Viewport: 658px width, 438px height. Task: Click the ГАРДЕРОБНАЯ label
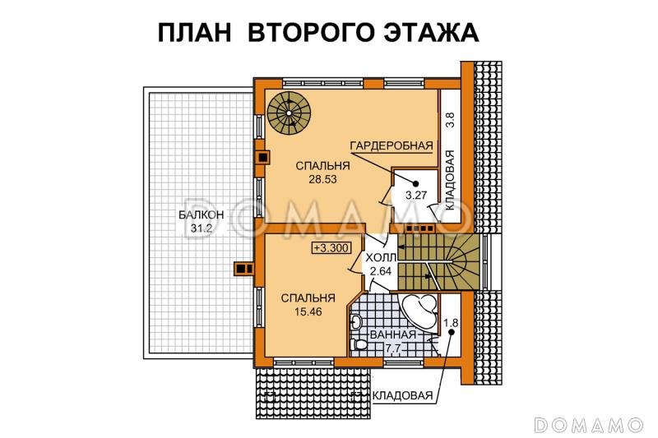coord(392,146)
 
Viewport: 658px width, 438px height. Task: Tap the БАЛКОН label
coord(196,216)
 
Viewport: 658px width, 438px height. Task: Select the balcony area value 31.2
coord(196,229)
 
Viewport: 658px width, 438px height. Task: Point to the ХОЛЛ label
coord(379,256)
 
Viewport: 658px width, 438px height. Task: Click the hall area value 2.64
coord(379,270)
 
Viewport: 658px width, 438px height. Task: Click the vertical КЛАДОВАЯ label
coord(450,182)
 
